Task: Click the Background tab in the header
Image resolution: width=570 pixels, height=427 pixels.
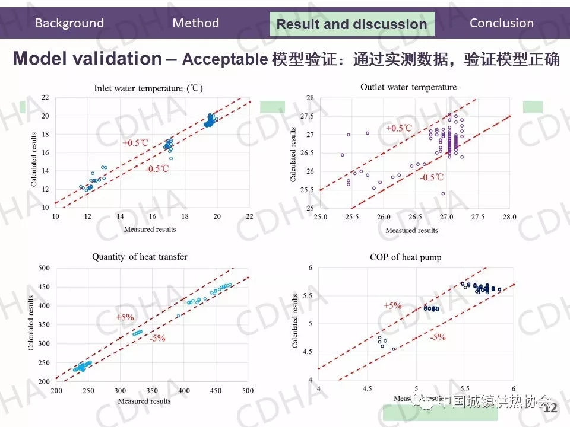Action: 69,24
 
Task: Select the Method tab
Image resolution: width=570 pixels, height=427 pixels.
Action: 196,23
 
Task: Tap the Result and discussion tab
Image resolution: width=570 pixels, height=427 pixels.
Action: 351,24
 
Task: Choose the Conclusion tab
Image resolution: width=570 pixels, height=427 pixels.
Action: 502,24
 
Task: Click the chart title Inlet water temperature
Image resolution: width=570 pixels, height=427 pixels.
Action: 148,88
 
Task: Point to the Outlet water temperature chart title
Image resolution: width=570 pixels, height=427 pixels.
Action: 408,87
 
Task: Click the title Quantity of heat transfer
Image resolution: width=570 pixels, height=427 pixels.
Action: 140,257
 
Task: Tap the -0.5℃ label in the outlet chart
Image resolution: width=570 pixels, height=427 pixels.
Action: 432,177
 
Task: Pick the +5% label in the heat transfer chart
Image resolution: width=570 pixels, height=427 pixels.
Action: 125,318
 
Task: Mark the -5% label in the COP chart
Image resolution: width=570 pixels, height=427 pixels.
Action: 438,337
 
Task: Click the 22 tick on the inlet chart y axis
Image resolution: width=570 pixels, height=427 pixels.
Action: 45,97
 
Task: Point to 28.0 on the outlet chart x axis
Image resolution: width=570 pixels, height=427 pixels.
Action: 509,217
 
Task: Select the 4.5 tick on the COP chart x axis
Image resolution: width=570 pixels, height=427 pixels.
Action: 368,388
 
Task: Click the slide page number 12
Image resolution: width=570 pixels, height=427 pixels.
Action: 551,409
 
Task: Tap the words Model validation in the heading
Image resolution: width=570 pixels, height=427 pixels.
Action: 87,59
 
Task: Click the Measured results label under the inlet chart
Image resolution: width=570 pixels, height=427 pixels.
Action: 150,229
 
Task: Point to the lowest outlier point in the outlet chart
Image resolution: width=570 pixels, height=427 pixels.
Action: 443,193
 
